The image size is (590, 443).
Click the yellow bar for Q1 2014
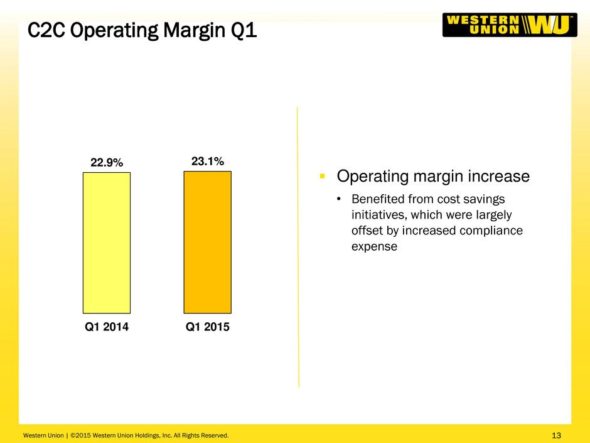(107, 243)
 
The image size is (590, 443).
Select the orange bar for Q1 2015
(207, 242)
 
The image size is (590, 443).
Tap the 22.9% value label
(107, 163)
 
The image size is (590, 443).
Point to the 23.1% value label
(207, 161)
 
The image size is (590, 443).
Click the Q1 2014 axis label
(107, 327)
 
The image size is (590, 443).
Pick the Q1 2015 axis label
(207, 327)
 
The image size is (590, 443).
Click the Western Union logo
(510, 25)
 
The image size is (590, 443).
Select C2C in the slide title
(46, 30)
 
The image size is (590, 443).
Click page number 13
(556, 435)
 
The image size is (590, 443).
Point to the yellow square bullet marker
(322, 176)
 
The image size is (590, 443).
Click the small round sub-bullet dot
(339, 199)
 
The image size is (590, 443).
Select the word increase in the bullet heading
(498, 177)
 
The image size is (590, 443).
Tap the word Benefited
(378, 199)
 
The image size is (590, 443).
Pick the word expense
(374, 247)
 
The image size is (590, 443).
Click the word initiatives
(379, 215)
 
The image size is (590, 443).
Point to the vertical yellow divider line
(298, 247)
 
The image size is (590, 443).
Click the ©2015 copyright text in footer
(81, 435)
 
